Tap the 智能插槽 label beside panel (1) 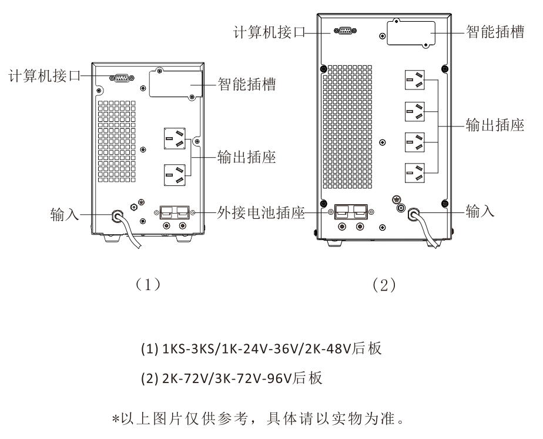[x=246, y=84]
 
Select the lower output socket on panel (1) [x=175, y=174]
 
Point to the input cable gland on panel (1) [x=118, y=216]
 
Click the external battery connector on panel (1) [x=175, y=212]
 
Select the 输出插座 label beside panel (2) [x=495, y=126]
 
